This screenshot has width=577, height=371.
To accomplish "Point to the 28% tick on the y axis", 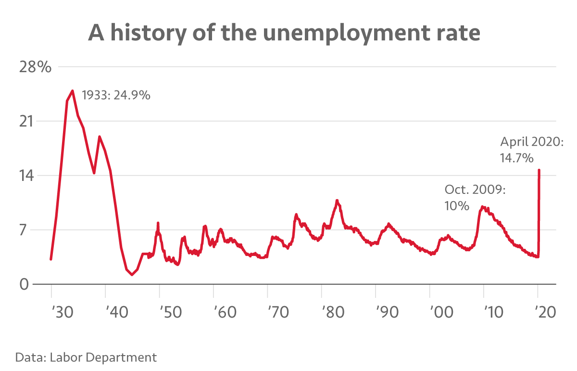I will point(35,67).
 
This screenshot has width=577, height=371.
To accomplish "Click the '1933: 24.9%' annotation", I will point(116,95).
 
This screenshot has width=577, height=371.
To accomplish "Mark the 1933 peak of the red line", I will point(72,90).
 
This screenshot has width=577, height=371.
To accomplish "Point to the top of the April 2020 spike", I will point(539,170).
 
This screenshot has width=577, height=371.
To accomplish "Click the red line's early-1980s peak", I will point(337,200).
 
